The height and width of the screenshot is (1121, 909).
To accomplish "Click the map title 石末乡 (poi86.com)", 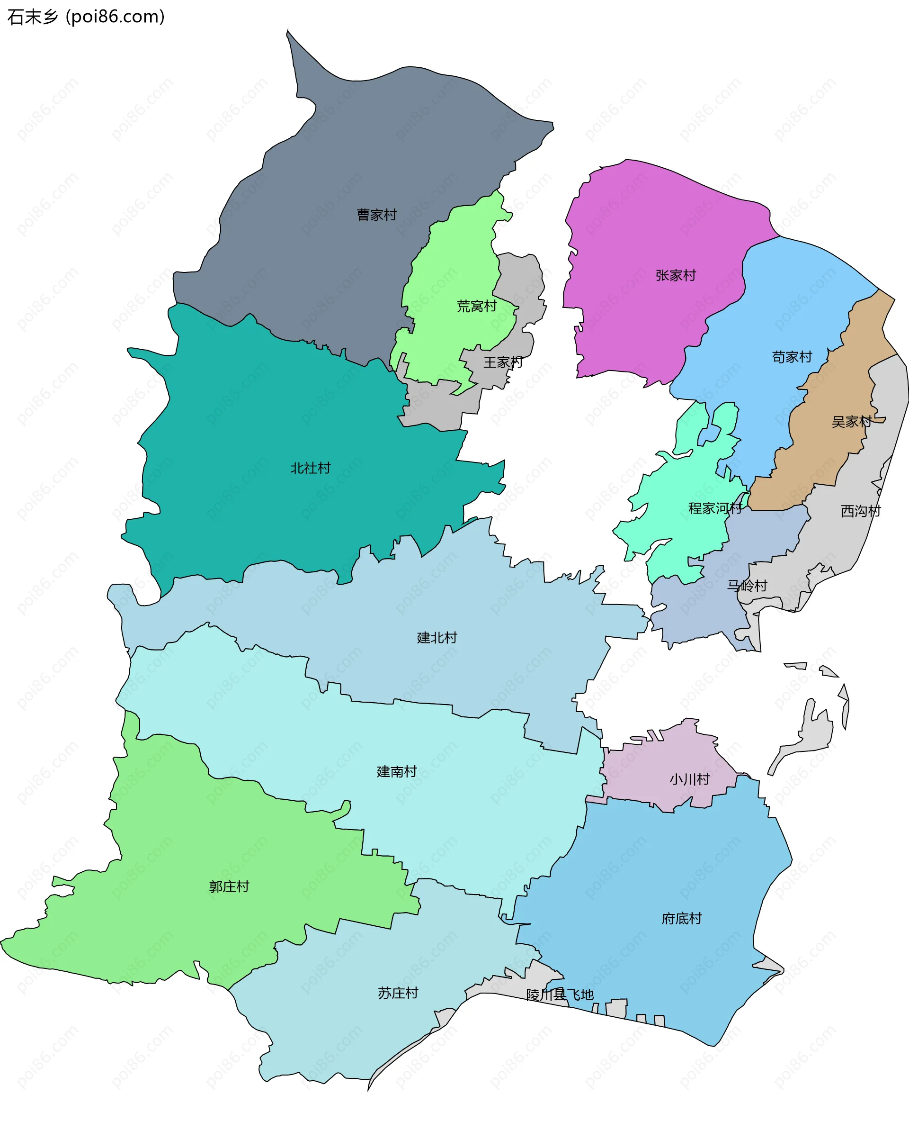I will [86, 17].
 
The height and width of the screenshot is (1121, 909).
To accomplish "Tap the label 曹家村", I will [376, 215].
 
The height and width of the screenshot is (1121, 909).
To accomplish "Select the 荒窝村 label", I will [476, 306].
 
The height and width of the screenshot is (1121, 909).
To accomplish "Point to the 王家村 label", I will [503, 362].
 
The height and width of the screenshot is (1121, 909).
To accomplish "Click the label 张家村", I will [676, 276].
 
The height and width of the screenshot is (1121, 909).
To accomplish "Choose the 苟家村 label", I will [792, 357].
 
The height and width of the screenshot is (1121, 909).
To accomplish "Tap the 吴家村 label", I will [851, 422].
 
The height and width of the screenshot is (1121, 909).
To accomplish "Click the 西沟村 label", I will [861, 511].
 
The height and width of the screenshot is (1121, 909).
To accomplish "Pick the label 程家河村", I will [715, 508].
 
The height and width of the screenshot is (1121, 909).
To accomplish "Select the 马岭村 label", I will [747, 586].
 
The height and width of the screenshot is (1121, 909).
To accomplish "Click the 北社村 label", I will [311, 468].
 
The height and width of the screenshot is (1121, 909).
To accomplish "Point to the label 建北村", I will [437, 638].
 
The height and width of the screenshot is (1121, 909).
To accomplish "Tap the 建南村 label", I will [397, 771].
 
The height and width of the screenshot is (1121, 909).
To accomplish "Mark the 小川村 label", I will [689, 779].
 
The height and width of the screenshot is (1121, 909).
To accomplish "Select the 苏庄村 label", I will [398, 993].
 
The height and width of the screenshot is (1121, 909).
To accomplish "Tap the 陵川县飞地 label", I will [560, 994].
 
